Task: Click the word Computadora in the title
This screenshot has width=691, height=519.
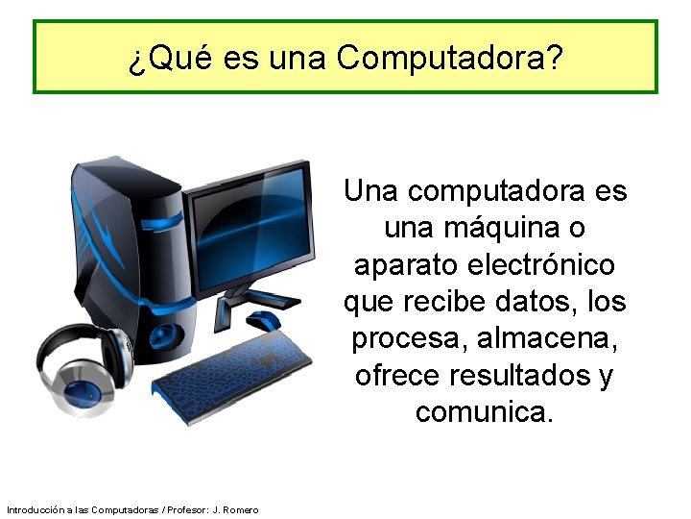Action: coord(449,60)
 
